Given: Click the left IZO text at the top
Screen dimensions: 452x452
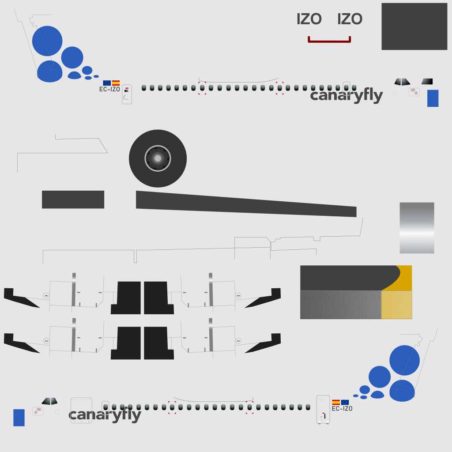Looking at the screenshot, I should pos(309,19).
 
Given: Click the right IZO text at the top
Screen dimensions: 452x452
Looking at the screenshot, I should pos(350,19).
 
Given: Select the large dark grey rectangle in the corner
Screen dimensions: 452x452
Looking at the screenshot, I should pos(414,26).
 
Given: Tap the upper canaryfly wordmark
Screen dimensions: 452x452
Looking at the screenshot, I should pos(346,96).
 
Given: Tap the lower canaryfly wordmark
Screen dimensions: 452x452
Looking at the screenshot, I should pos(105,415).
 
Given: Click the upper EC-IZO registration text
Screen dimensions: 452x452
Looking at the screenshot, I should pos(109,89).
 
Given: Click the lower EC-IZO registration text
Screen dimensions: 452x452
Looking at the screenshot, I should pos(342,409).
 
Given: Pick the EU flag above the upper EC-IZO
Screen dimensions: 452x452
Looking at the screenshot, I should pos(107,83).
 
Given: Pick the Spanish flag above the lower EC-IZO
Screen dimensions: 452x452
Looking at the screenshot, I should pos(336,402).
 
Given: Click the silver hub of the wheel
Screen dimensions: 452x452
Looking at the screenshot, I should pos(158,158).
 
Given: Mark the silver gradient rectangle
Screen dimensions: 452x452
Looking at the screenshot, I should pos(417,228).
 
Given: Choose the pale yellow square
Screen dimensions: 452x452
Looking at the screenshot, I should pos(396,305).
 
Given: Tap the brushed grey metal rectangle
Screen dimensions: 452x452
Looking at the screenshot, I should pos(340,305).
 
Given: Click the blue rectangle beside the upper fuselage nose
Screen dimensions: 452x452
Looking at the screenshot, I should pos(433,98).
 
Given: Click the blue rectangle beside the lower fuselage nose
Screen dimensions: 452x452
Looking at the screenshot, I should pos(19,418).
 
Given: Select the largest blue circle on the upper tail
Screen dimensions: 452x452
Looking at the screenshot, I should pos(47,41).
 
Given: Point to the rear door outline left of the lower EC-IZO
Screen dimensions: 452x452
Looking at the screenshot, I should pos(323,409).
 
